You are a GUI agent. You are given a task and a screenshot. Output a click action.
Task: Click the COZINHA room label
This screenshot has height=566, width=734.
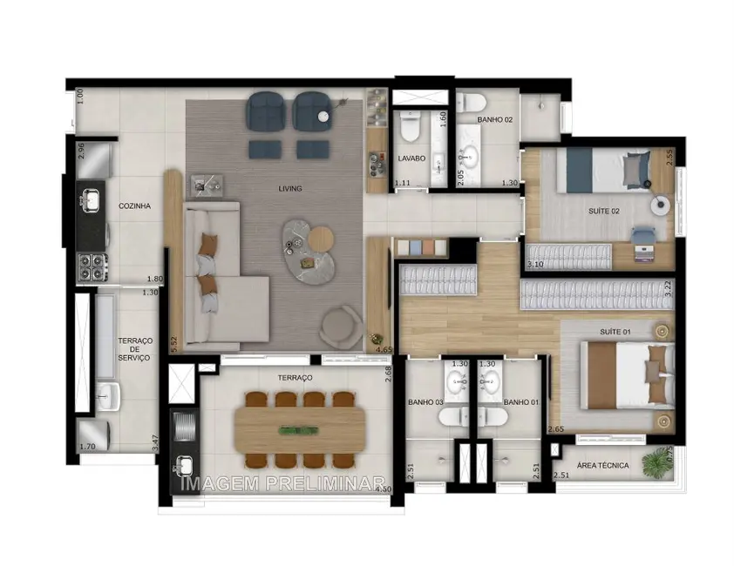135,206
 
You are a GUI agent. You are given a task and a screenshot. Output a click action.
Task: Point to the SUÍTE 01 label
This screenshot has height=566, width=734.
615,332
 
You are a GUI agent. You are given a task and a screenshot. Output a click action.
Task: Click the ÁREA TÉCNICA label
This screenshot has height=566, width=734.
602,466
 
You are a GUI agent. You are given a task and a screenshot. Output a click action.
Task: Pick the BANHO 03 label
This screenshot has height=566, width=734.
426,402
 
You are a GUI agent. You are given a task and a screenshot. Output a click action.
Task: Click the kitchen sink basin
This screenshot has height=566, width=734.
91,201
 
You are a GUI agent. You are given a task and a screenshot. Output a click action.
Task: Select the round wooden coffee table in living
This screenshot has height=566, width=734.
321,238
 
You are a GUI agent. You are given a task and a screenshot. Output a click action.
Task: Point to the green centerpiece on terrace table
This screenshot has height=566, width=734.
299,429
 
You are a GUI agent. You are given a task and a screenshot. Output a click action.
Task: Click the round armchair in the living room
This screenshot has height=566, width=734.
341,328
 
